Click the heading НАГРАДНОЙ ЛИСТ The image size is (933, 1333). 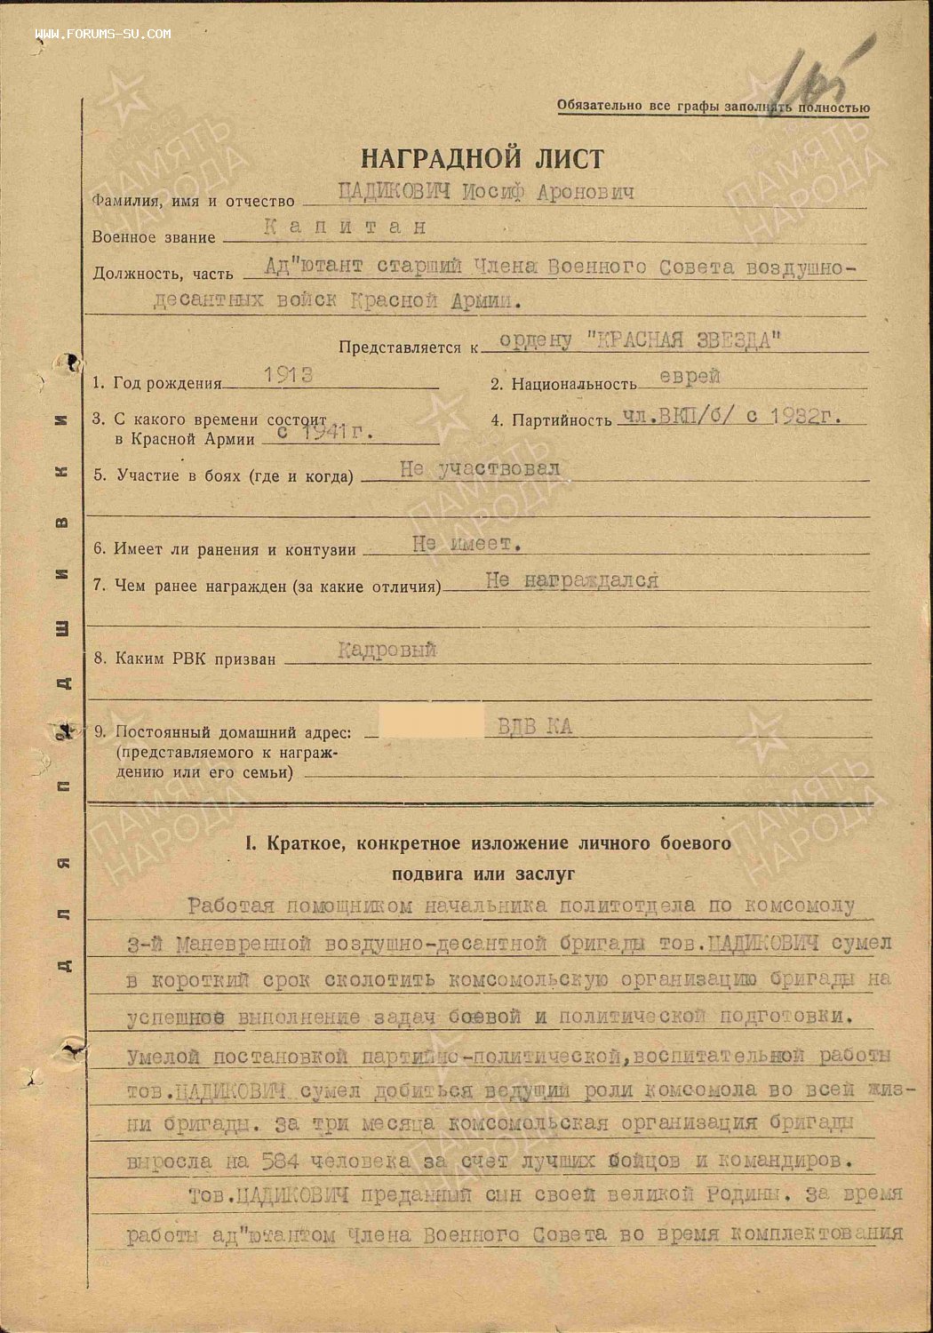[482, 159]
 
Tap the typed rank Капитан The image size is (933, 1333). [346, 227]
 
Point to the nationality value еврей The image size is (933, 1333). [690, 377]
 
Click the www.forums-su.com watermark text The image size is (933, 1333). [104, 34]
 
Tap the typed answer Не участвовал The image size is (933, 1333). [480, 469]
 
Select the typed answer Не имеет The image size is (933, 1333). [466, 543]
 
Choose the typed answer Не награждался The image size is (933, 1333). [571, 580]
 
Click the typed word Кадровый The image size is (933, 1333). [387, 651]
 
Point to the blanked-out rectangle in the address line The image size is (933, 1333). [431, 723]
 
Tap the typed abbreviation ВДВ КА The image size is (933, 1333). [529, 727]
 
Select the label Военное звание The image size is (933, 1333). [154, 237]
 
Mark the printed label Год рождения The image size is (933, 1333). [167, 384]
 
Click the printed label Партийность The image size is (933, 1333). [561, 419]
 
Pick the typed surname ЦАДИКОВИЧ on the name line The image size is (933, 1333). [377, 193]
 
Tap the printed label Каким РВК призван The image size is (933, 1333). [196, 659]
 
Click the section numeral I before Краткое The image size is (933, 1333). [249, 842]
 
